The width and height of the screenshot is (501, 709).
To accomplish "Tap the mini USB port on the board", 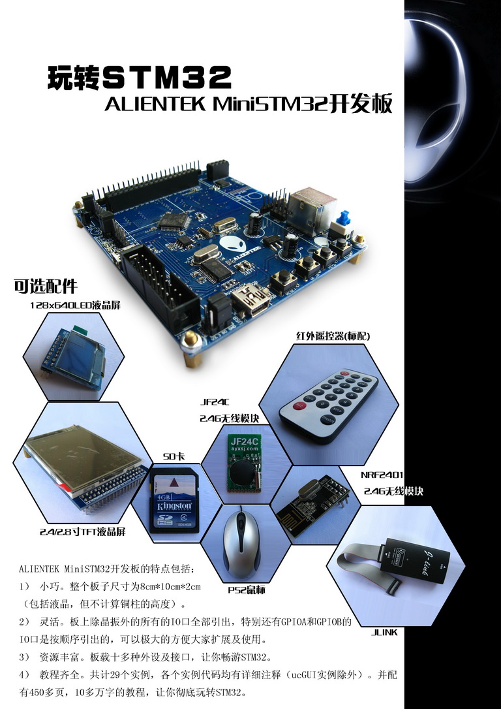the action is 252,300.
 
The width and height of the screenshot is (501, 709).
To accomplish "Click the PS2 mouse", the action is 241,546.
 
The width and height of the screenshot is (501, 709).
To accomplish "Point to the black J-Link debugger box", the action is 416,560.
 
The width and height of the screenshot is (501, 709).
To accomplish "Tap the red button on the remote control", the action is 299,405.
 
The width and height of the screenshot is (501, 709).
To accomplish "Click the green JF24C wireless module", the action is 244,464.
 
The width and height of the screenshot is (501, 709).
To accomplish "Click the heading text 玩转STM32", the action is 139,77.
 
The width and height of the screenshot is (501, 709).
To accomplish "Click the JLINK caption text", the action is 384,633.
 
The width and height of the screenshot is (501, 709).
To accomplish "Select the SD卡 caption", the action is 174,457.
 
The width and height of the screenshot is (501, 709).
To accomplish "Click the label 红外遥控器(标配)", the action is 333,336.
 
